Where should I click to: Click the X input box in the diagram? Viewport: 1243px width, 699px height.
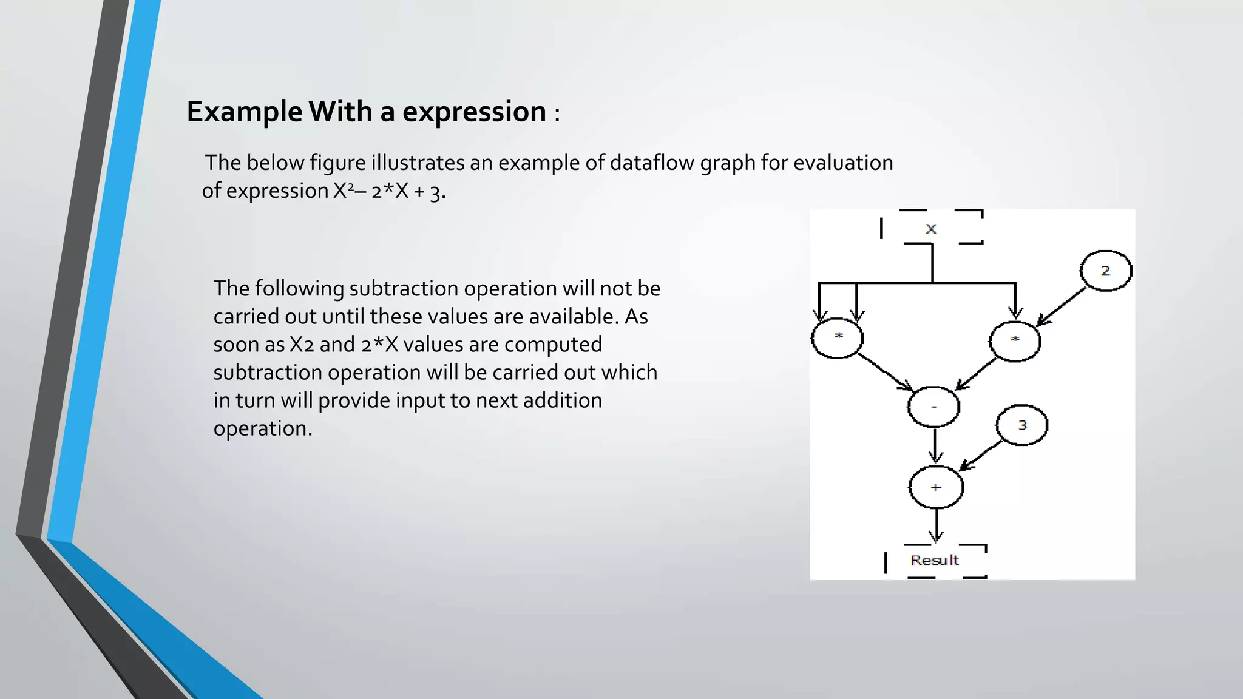[x=931, y=228]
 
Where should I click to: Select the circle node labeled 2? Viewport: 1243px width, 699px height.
[x=1106, y=271]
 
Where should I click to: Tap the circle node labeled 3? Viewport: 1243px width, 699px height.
[x=1022, y=425]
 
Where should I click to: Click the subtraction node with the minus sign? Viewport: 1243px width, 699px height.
[x=934, y=407]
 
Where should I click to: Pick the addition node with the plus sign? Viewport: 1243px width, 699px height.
[x=936, y=487]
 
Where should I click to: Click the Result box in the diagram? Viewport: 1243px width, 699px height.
[x=935, y=560]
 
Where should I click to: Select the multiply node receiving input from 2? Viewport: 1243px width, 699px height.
[x=1015, y=341]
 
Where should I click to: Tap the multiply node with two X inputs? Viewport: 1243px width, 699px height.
[x=838, y=338]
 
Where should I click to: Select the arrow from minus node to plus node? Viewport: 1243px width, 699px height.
[x=935, y=446]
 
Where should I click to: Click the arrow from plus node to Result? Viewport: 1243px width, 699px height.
[x=936, y=525]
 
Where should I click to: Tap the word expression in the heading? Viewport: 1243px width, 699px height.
[x=474, y=112]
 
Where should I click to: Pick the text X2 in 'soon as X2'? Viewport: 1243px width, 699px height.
[x=302, y=345]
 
